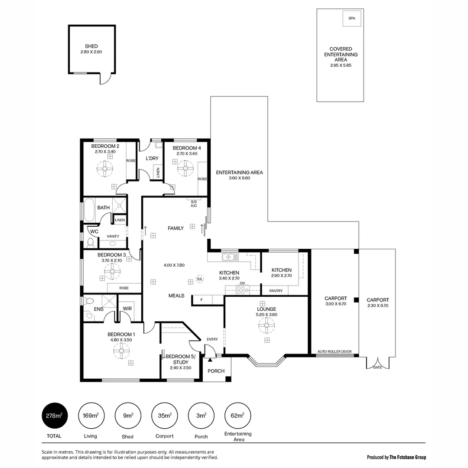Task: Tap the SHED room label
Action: tap(91, 46)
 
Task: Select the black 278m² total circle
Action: tap(54, 416)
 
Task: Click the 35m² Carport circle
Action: tap(164, 416)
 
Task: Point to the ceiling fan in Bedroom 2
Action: tap(105, 169)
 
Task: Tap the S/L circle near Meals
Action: tap(200, 279)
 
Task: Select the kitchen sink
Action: tap(230, 257)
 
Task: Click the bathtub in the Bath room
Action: tap(89, 211)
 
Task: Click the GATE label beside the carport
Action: tap(377, 367)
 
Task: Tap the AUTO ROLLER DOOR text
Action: tap(335, 351)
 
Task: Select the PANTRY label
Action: tap(276, 291)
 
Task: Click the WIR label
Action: tap(127, 309)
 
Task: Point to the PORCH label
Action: tap(216, 371)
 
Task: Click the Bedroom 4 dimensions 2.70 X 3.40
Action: tap(187, 153)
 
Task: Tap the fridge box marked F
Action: tap(201, 299)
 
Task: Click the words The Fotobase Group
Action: tap(407, 457)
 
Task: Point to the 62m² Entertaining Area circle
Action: tap(237, 416)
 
